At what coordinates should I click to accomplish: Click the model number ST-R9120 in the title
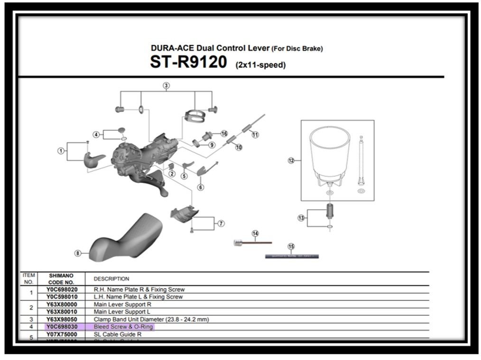[188, 62]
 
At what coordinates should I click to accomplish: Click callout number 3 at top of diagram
[166, 86]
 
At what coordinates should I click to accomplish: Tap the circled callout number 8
[78, 253]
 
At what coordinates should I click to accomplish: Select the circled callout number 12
[291, 161]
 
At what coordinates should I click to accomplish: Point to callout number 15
[291, 247]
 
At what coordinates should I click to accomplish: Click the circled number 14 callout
[255, 233]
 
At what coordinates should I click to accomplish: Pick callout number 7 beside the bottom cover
[221, 223]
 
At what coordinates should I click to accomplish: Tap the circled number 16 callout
[224, 134]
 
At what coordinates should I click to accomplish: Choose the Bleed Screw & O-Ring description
[123, 327]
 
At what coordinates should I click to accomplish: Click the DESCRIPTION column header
[111, 279]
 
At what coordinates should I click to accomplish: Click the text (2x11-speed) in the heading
[260, 65]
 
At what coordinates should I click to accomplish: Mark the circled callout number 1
[61, 151]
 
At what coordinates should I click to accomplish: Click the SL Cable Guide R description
[118, 334]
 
